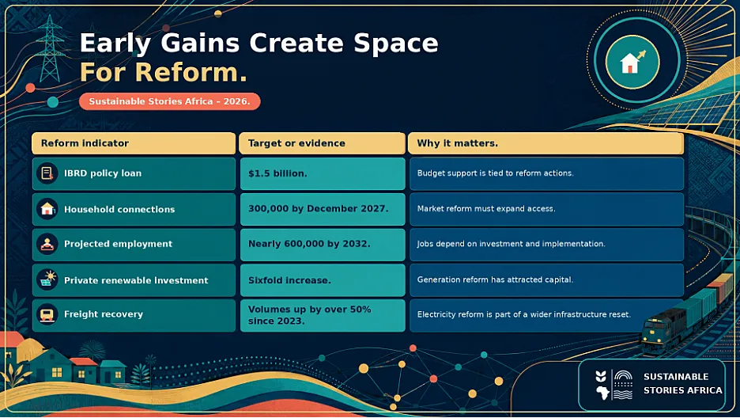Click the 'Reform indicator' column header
(134, 143)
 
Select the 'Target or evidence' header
(323, 143)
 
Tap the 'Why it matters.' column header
(546, 143)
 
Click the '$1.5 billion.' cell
(323, 174)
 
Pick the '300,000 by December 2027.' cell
(323, 209)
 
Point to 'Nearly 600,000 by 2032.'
(323, 244)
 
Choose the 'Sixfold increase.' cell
(323, 280)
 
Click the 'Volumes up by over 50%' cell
(323, 315)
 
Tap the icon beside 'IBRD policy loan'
(47, 173)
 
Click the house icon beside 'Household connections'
(47, 209)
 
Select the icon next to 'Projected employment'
(47, 244)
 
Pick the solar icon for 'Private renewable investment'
(47, 279)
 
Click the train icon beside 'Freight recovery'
(47, 314)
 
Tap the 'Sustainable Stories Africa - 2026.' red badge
(170, 101)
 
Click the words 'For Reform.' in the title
(164, 72)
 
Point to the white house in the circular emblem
(629, 63)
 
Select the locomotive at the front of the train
(663, 329)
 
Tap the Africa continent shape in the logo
(602, 392)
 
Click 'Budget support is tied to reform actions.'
(495, 173)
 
